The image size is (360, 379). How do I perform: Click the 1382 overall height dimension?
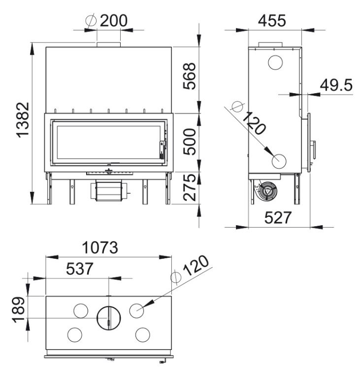[23, 120]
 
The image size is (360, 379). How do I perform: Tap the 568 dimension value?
[189, 76]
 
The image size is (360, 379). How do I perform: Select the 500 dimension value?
[189, 141]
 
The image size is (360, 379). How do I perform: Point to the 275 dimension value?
[189, 187]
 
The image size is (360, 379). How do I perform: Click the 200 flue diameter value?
[113, 21]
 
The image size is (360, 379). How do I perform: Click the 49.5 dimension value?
[336, 85]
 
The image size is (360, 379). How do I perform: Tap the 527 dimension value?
[278, 217]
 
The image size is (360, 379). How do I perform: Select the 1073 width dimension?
[100, 247]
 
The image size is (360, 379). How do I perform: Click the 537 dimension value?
[80, 269]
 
